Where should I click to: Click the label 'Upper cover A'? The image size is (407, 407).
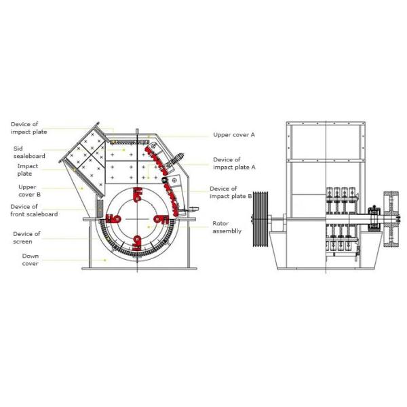click(234, 135)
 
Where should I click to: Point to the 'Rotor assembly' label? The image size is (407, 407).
click(227, 227)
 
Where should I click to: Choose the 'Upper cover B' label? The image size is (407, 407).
click(28, 191)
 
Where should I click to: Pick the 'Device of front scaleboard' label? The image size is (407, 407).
click(34, 210)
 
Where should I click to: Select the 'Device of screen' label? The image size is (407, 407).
click(26, 237)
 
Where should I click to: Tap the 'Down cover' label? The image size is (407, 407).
click(30, 260)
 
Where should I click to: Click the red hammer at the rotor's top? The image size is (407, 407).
click(138, 195)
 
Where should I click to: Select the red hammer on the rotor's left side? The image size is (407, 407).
click(114, 218)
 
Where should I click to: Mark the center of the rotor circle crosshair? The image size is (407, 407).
click(138, 218)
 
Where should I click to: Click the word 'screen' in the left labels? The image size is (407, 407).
click(23, 241)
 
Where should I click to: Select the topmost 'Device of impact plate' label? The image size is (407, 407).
click(28, 128)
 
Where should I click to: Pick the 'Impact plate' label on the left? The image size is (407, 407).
click(28, 170)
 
